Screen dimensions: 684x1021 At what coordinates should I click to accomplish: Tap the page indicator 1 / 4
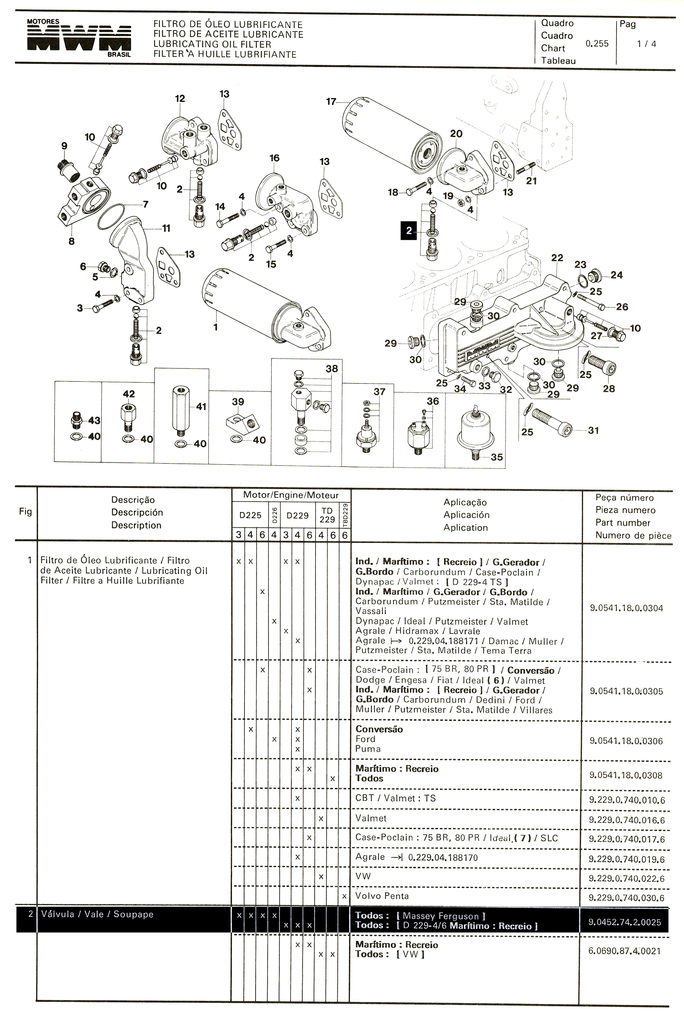[x=646, y=44]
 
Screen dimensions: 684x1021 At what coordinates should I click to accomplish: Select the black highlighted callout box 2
[x=409, y=231]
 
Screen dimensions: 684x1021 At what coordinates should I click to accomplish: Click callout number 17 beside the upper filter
[x=331, y=101]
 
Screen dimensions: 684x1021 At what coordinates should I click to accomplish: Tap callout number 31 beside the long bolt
[x=593, y=430]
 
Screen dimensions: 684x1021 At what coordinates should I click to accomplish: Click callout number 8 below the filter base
[x=72, y=241]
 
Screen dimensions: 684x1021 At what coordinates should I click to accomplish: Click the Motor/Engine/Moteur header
[x=291, y=495]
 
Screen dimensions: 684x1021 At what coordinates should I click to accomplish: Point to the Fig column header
[x=25, y=512]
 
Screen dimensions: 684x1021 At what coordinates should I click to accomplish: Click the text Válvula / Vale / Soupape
[x=97, y=914]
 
